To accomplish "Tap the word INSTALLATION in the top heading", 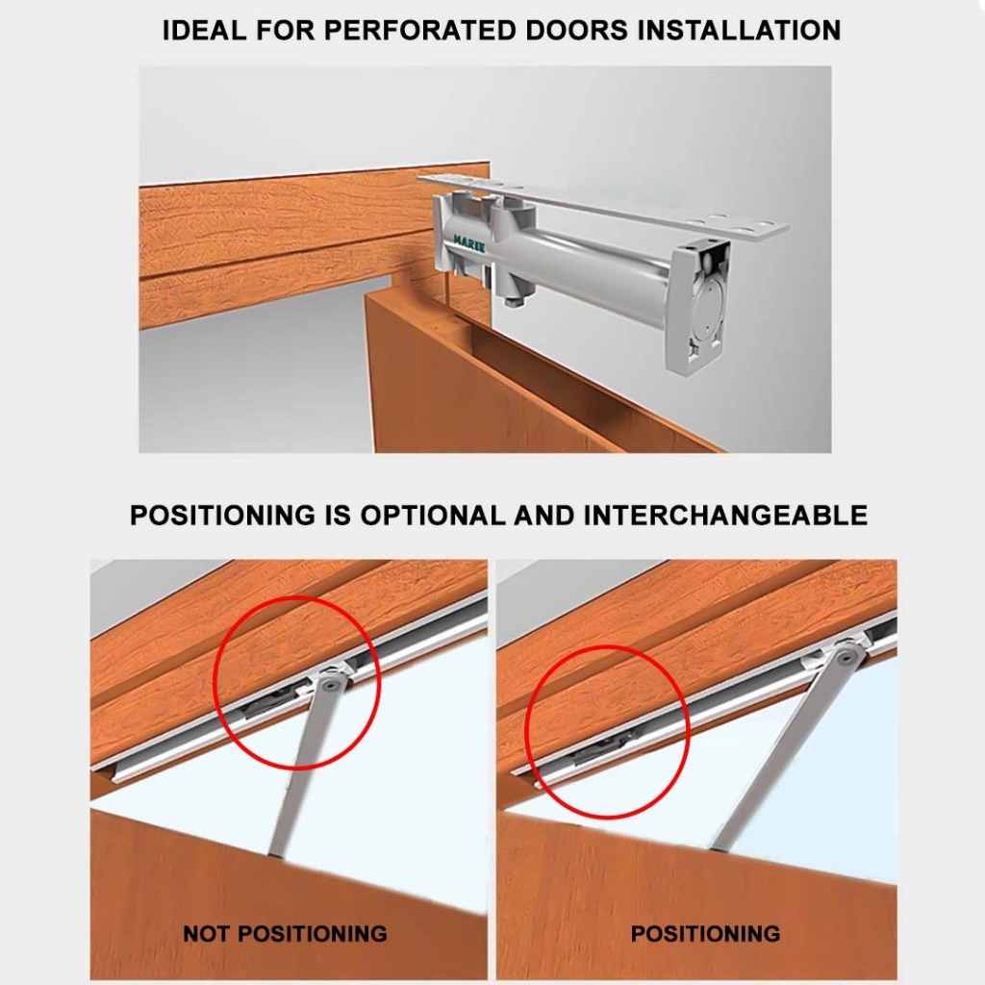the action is pos(740,30).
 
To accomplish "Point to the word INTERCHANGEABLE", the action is pos(725,516).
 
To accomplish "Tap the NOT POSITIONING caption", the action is pos(285,933).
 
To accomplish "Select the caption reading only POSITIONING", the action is pos(705,933).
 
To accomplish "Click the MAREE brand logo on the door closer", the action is pos(468,243).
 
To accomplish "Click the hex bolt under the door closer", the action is pos(514,304).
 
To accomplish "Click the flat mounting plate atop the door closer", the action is pos(603,204).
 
